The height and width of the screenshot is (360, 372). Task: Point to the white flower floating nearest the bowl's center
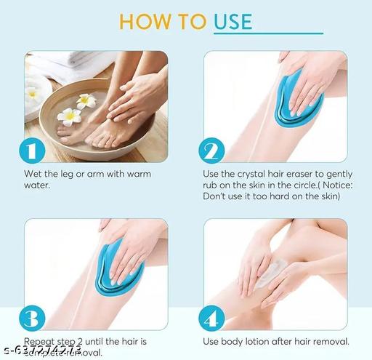[x=87, y=101]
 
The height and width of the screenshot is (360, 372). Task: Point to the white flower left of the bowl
[x=33, y=94]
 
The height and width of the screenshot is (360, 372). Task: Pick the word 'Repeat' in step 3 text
[x=40, y=342]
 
